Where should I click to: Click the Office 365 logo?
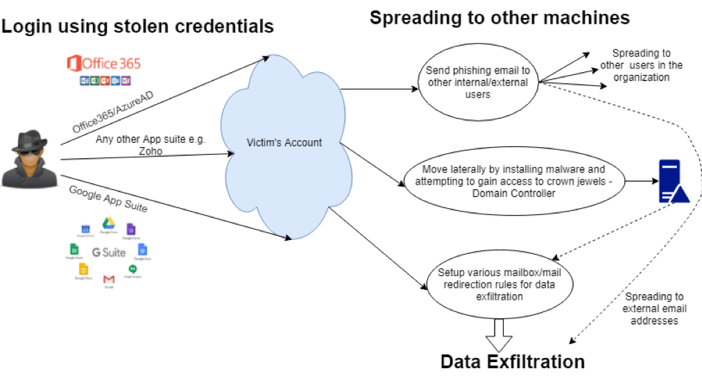pos(103,65)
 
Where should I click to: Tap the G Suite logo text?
pos(109,252)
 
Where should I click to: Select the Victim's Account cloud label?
pos(284,143)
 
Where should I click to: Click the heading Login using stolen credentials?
pos(137,27)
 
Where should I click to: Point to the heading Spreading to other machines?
pos(499,17)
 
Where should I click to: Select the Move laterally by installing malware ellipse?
pos(513,181)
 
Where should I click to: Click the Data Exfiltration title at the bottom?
pos(513,361)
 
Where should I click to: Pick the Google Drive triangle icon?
pos(108,223)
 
